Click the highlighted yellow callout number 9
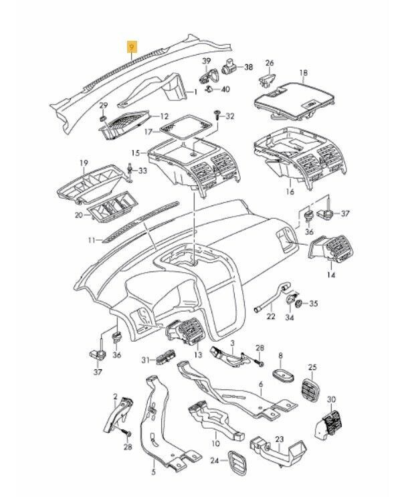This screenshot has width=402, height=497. point(132,46)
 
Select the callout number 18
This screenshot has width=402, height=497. point(303,72)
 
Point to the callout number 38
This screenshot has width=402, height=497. point(248,68)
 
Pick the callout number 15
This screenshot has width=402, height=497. point(135,153)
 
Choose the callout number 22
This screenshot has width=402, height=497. point(270,316)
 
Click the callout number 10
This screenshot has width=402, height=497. point(215,443)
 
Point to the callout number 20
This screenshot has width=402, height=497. point(78,215)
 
